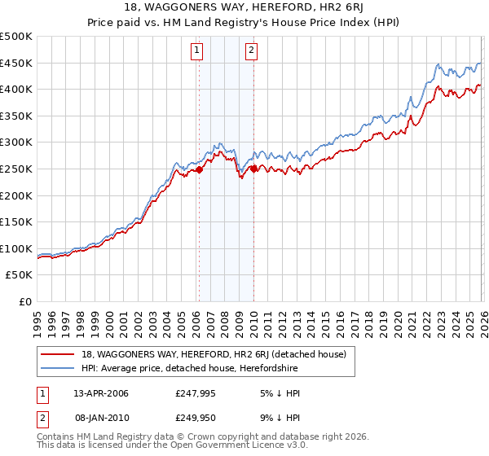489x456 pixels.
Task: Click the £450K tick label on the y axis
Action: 16,64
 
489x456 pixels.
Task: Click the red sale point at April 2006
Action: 199,170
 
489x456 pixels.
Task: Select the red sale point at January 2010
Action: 253,169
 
